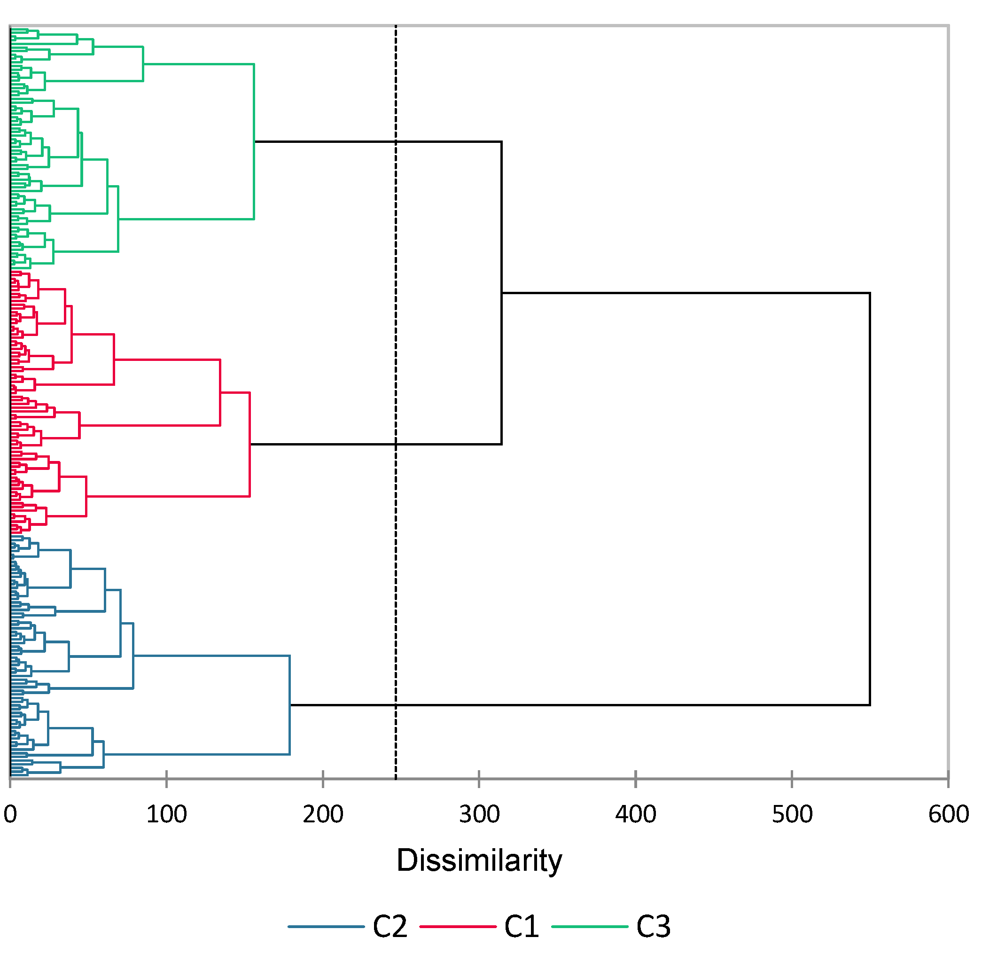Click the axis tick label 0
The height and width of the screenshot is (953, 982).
tap(10, 814)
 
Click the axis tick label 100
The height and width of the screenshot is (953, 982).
tap(166, 814)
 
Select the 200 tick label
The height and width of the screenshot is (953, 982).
tap(323, 814)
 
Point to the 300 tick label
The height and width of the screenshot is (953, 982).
tap(479, 814)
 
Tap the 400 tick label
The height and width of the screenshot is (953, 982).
tap(636, 814)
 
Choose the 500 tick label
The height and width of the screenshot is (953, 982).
tap(792, 814)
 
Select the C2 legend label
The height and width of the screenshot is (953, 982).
tap(390, 926)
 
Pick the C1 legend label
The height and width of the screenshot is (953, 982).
tap(522, 926)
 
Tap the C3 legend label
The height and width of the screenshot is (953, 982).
tap(653, 926)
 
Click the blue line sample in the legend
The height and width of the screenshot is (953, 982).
tap(326, 926)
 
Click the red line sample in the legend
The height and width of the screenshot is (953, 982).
tap(458, 926)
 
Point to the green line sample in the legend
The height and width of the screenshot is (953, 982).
tap(590, 926)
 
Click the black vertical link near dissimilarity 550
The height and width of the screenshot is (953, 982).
tap(870, 501)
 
